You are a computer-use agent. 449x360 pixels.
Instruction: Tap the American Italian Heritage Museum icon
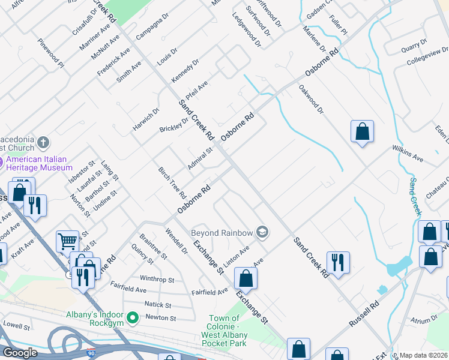[x=2, y=162]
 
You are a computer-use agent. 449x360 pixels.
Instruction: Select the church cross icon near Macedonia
[x=43, y=143]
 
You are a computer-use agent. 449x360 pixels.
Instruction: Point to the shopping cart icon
[x=67, y=242]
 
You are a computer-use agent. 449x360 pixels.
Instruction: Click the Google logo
[x=20, y=353]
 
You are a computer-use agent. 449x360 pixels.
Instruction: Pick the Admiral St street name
[x=200, y=159]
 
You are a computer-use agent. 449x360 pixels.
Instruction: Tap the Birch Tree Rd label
[x=172, y=182]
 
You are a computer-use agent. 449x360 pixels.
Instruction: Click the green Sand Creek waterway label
[x=415, y=197]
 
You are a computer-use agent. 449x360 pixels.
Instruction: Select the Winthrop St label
[x=157, y=280]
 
